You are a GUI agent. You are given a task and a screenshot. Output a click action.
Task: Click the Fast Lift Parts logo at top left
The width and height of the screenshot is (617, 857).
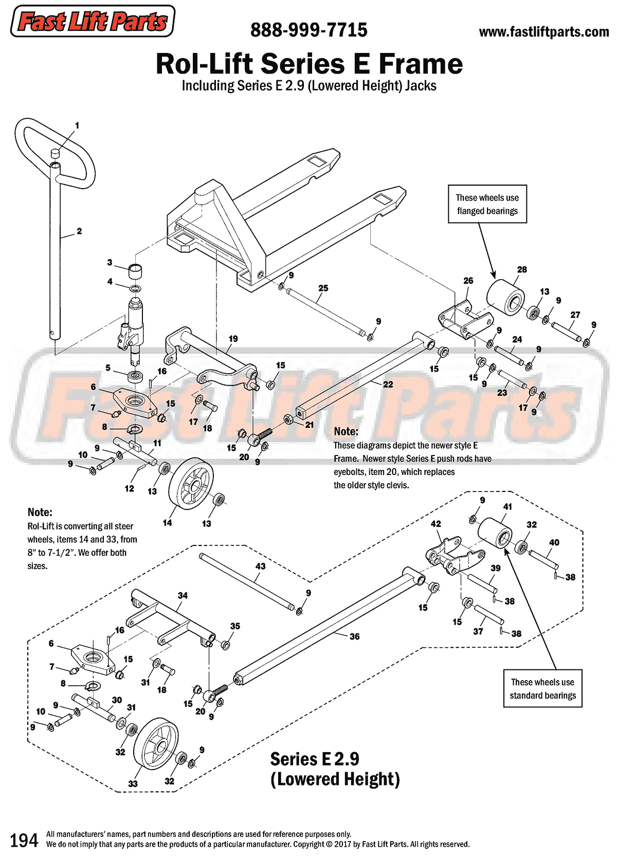point(93,22)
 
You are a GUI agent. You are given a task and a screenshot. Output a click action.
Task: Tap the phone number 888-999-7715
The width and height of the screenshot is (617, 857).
point(308,30)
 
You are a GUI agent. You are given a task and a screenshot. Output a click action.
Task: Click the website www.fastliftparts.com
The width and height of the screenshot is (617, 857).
point(543,32)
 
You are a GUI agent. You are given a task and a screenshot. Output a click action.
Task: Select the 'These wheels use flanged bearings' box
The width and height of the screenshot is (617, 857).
point(487,204)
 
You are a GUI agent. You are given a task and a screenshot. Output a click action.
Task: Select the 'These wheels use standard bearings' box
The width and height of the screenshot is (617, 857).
point(542,688)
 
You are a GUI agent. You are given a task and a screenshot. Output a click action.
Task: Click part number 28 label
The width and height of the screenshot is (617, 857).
point(522,269)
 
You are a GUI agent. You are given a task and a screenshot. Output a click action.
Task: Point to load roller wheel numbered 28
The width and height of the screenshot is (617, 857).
point(505,298)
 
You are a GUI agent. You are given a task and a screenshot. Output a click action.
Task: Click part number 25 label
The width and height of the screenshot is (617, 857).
point(323,288)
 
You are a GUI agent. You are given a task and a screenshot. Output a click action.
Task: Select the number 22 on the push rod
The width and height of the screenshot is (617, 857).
point(388,384)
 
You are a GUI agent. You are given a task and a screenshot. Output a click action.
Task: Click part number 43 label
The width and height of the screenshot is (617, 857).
point(260,566)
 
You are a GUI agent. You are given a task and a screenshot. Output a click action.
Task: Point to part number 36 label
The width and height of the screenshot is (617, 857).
point(354,636)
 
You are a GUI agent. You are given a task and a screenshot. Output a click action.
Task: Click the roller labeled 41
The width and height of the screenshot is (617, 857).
point(495,534)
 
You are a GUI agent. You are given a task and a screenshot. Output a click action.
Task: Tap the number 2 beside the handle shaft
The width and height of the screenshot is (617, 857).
point(79,231)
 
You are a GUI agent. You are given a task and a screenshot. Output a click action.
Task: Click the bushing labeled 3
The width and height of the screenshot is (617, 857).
point(135,270)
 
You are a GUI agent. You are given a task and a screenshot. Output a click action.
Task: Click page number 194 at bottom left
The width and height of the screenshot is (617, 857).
point(24,840)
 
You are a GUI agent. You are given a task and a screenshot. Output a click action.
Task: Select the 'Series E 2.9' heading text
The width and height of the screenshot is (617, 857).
point(315,759)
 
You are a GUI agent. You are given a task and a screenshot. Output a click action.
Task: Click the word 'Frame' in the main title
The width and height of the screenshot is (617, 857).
point(421,64)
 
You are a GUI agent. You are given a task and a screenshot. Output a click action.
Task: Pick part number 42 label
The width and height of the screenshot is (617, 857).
point(435,524)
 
